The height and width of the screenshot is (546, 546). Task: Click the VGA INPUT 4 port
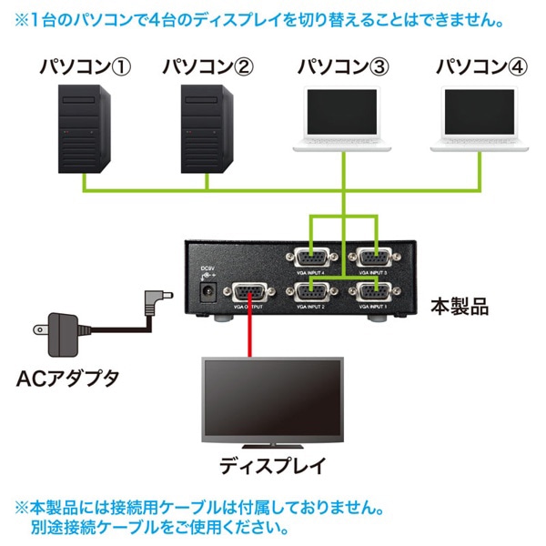311,258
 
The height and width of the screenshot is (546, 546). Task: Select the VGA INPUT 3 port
375,258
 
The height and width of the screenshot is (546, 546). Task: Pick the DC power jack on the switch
207,292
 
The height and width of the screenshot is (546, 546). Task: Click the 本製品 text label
461,306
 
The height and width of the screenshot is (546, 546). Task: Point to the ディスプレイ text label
272,467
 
